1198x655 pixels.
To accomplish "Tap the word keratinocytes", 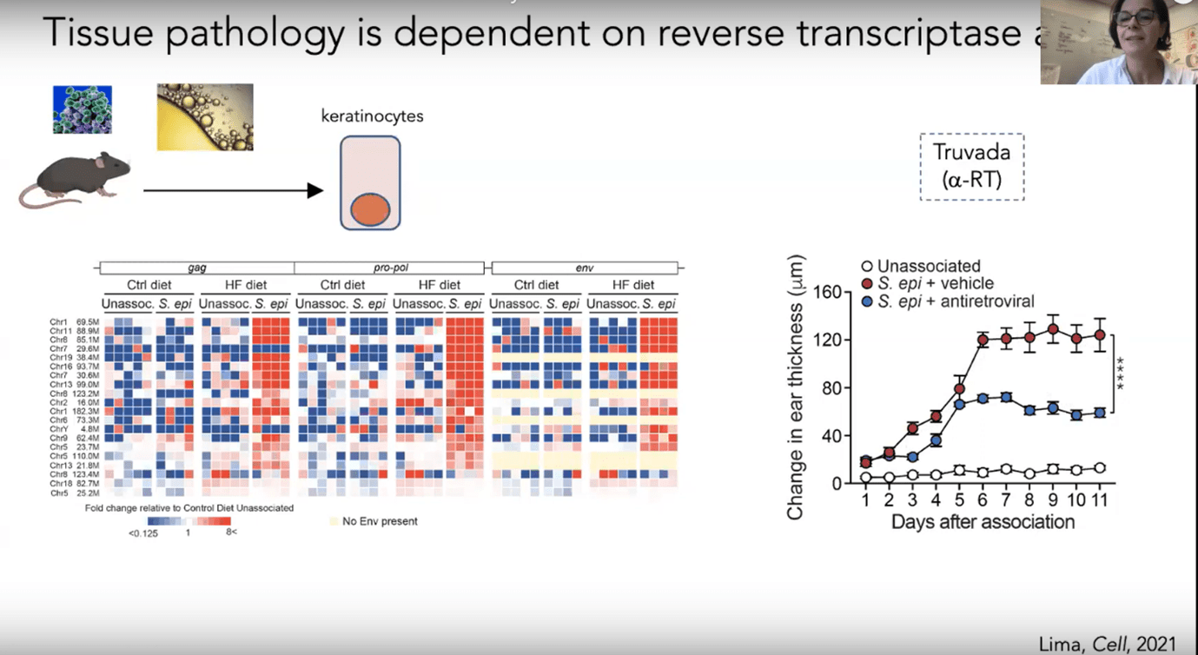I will pyautogui.click(x=372, y=115).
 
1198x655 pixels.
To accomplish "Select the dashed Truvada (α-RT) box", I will pyautogui.click(x=972, y=167).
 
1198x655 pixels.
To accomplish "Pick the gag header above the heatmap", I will pyautogui.click(x=196, y=267).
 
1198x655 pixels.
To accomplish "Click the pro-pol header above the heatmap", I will pyautogui.click(x=389, y=267).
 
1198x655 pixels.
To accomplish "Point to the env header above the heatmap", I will pyautogui.click(x=584, y=267).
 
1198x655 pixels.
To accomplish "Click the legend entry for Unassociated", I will pyautogui.click(x=928, y=267).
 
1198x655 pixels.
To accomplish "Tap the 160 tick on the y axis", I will pyautogui.click(x=827, y=292).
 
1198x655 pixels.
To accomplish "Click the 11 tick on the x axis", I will pyautogui.click(x=1099, y=503).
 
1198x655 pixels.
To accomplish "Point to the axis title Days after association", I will pyautogui.click(x=983, y=522).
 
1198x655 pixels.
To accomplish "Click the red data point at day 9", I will pyautogui.click(x=1053, y=329).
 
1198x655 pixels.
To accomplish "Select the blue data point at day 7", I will pyautogui.click(x=1005, y=397).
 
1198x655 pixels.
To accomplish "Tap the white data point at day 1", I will pyautogui.click(x=865, y=478).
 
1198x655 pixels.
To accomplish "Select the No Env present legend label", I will pyautogui.click(x=380, y=521).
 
